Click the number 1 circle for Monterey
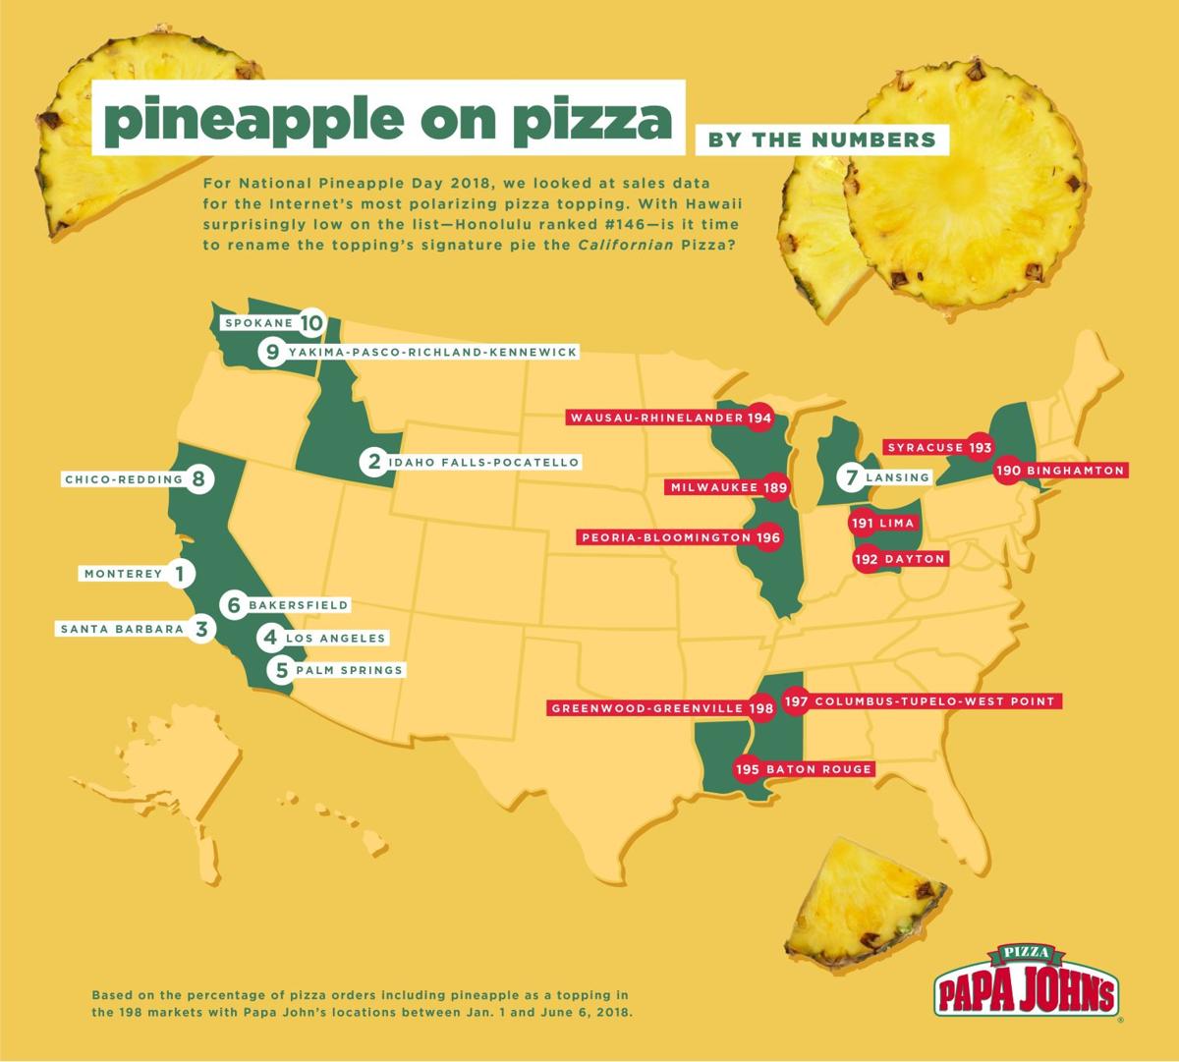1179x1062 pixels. (x=179, y=573)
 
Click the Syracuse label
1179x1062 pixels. (x=926, y=447)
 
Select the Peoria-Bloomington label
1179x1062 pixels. (x=667, y=537)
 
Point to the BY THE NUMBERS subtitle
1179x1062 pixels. (x=821, y=140)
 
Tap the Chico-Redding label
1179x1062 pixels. (x=123, y=479)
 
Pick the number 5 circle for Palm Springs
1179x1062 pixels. (x=282, y=670)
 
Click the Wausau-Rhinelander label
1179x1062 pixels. (x=655, y=418)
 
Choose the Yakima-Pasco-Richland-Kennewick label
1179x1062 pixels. (x=432, y=351)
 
